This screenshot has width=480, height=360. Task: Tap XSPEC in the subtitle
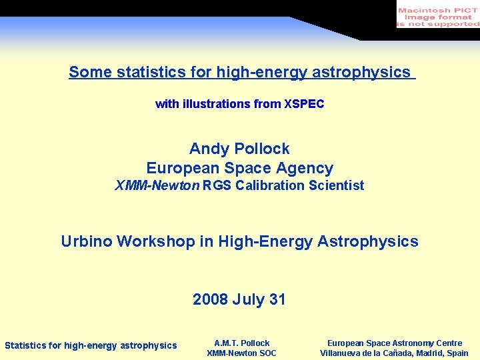tap(304, 104)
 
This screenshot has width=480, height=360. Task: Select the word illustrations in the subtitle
tap(217, 104)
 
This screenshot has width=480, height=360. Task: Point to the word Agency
tap(307, 168)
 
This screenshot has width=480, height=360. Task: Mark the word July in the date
tap(249, 299)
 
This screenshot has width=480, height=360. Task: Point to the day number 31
tap(277, 299)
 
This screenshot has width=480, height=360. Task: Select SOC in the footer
tap(266, 353)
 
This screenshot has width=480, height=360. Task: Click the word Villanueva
tap(343, 353)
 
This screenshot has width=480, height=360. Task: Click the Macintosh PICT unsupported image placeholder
tap(437, 15)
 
